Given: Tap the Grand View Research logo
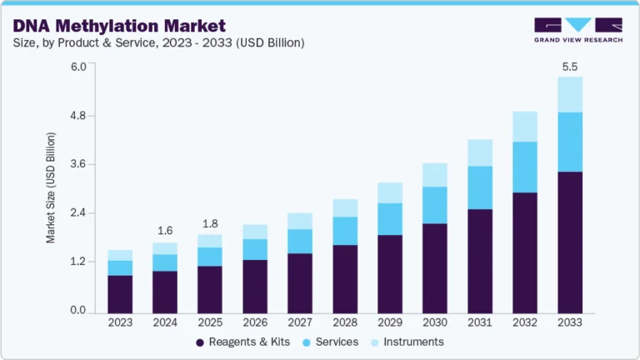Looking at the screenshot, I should pyautogui.click(x=577, y=29).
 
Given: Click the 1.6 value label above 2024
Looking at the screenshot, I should pyautogui.click(x=165, y=230).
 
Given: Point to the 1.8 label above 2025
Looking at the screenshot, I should pyautogui.click(x=210, y=223).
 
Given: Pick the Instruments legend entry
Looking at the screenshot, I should pyautogui.click(x=408, y=342).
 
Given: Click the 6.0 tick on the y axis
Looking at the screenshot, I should pyautogui.click(x=77, y=67).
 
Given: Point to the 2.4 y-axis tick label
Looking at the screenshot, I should pyautogui.click(x=77, y=213).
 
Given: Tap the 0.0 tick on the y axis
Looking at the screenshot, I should pyautogui.click(x=77, y=311).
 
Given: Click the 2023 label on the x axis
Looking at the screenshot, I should pyautogui.click(x=120, y=322).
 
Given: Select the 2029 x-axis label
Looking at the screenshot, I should pyautogui.click(x=390, y=322).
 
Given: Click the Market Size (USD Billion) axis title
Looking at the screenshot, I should pyautogui.click(x=51, y=187).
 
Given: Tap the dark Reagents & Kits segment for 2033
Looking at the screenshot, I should pyautogui.click(x=571, y=242).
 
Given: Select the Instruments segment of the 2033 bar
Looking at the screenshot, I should pyautogui.click(x=571, y=94).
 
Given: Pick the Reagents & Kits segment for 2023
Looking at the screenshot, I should pyautogui.click(x=120, y=293).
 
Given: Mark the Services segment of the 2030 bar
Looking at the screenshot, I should pyautogui.click(x=435, y=205).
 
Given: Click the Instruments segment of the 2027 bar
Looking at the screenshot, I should pyautogui.click(x=300, y=221).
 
